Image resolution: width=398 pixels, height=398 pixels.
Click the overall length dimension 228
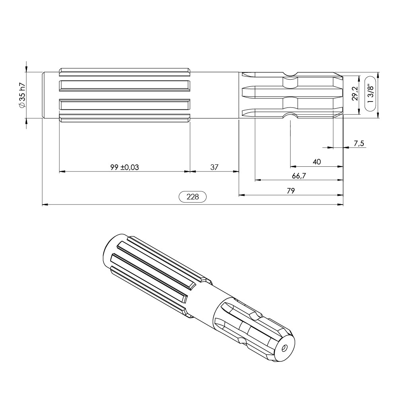click(x=193, y=197)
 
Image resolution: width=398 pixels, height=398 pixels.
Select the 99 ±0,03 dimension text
click(x=125, y=167)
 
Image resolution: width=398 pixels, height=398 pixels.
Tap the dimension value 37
click(x=214, y=167)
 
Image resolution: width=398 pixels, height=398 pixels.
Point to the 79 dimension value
click(x=291, y=191)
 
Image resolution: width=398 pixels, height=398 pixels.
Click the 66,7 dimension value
click(x=299, y=176)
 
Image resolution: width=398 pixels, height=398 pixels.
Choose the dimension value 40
click(x=316, y=162)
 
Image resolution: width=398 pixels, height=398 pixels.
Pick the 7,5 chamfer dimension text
click(x=359, y=144)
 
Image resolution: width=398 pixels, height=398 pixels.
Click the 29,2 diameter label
click(x=355, y=94)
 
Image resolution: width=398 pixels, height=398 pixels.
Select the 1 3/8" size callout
click(x=371, y=94)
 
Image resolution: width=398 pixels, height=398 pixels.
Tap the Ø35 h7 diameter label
click(x=22, y=95)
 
